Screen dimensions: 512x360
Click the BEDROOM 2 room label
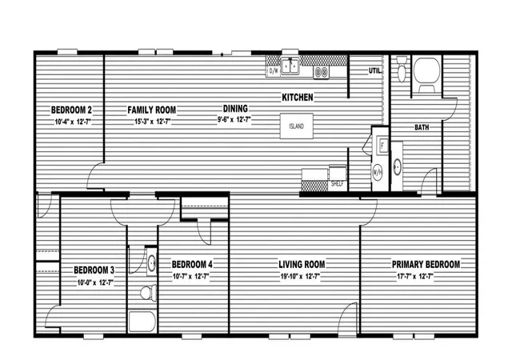pyautogui.click(x=71, y=110)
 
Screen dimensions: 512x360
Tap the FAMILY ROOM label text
pyautogui.click(x=151, y=110)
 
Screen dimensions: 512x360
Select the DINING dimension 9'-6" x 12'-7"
pyautogui.click(x=234, y=119)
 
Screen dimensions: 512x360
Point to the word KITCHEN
pyautogui.click(x=297, y=97)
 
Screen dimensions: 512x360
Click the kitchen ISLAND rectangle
pyautogui.click(x=297, y=126)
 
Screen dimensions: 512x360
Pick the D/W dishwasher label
pyautogui.click(x=273, y=70)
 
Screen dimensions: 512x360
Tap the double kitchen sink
pyautogui.click(x=290, y=66)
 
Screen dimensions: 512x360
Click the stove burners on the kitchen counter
pyautogui.click(x=322, y=72)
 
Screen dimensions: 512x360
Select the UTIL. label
pyautogui.click(x=375, y=70)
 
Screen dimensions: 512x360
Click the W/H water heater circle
pyautogui.click(x=377, y=173)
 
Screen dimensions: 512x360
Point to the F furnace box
pyautogui.click(x=382, y=145)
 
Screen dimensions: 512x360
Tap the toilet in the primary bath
pyautogui.click(x=402, y=69)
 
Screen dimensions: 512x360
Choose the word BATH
pyautogui.click(x=422, y=127)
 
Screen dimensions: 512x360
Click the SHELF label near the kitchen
pyautogui.click(x=337, y=184)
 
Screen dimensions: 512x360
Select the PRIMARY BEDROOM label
pyautogui.click(x=426, y=264)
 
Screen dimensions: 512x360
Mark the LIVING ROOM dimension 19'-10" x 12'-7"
pyautogui.click(x=300, y=276)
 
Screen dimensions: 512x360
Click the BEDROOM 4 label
pyautogui.click(x=192, y=264)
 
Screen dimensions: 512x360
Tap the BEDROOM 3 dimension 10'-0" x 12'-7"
pyautogui.click(x=95, y=282)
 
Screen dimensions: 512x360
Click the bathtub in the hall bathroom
pyautogui.click(x=142, y=321)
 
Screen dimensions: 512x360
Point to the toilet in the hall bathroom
pyautogui.click(x=149, y=292)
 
